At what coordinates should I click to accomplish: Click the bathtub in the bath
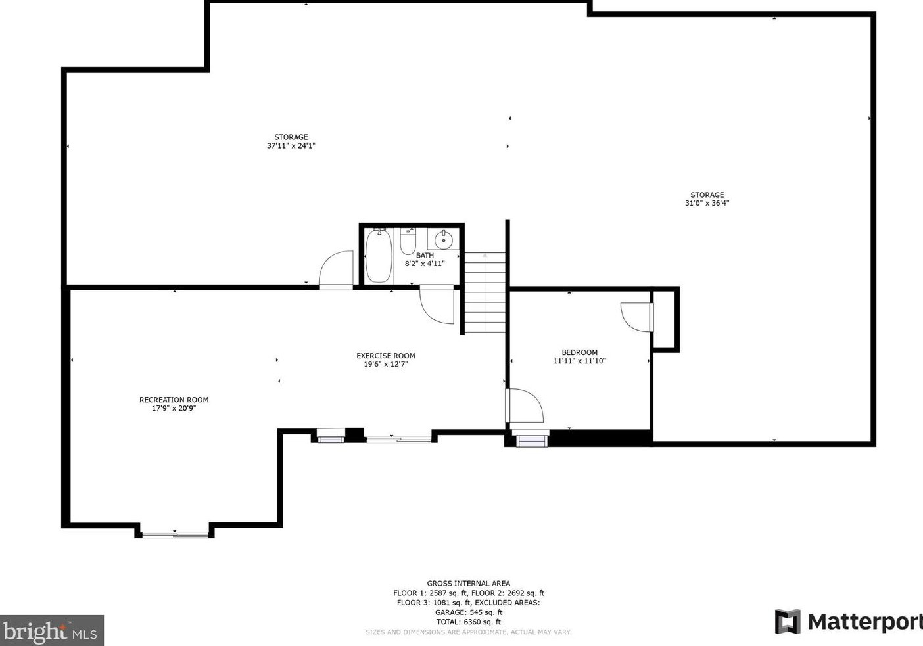point(379,256)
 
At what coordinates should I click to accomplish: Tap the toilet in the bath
point(408,241)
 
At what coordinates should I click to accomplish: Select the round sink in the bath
point(444,239)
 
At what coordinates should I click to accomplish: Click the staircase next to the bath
point(485,292)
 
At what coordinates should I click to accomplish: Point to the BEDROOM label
point(579,352)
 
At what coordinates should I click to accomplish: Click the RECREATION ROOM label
point(174,400)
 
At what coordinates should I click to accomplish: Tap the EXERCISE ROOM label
point(385,356)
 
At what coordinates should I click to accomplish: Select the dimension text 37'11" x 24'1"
point(291,146)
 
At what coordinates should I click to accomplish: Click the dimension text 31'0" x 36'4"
point(707,203)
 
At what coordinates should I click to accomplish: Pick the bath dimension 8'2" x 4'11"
point(425,264)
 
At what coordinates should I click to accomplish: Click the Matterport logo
point(848,621)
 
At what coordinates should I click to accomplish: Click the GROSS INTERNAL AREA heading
point(468,583)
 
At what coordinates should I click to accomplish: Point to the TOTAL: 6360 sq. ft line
point(468,622)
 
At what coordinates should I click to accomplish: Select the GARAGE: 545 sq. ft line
point(468,612)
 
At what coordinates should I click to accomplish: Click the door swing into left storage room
point(337,269)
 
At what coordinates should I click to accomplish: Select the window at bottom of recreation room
point(175,534)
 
